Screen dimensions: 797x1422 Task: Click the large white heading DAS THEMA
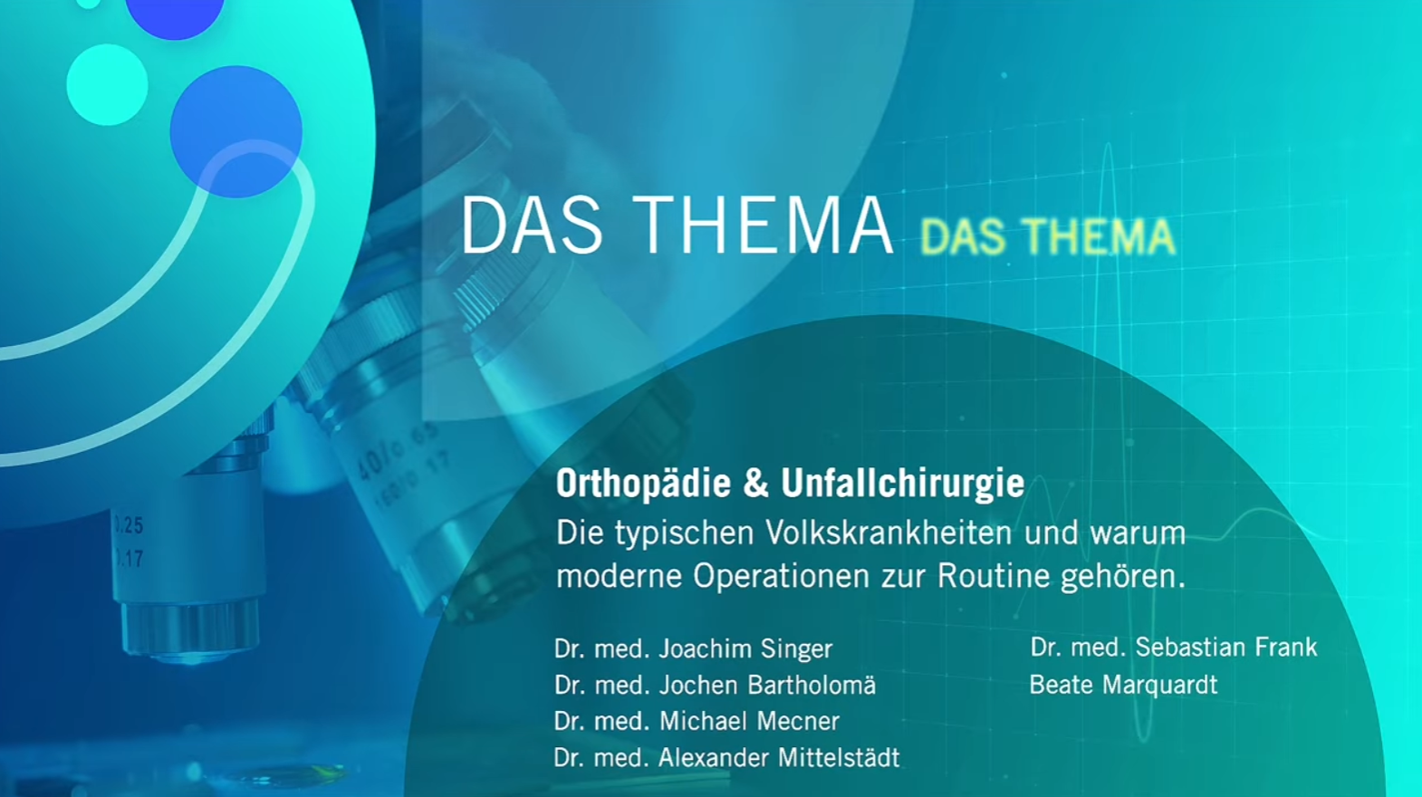click(677, 226)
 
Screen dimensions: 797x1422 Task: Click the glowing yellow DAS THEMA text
click(1047, 237)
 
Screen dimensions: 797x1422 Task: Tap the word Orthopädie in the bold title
click(643, 485)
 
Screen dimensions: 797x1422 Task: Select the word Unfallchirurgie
click(903, 485)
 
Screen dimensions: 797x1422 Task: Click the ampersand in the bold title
click(755, 485)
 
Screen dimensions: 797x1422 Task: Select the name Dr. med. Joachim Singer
click(693, 648)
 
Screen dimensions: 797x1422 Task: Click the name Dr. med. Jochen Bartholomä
click(715, 685)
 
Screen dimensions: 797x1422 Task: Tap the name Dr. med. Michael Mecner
click(697, 721)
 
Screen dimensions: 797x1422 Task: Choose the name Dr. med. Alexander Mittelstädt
click(726, 757)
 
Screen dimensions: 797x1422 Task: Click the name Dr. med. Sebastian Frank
click(1173, 647)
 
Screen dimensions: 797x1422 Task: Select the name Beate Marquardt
click(1123, 685)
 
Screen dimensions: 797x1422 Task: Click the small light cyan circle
click(107, 84)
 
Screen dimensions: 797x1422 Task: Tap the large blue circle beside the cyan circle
click(235, 130)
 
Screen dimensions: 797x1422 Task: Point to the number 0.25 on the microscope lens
click(128, 525)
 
